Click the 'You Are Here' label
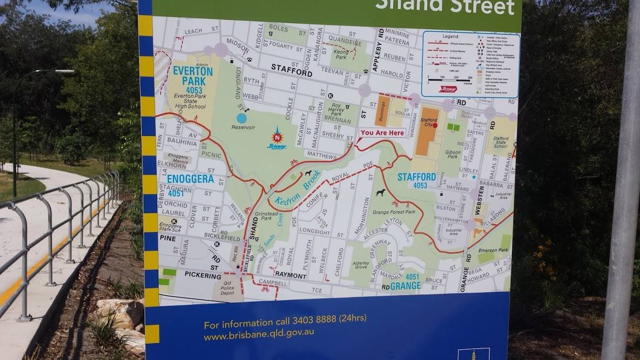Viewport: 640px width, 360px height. pos(382,133)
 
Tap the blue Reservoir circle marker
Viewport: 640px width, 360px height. pos(241,118)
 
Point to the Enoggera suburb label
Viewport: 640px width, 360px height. pos(190,179)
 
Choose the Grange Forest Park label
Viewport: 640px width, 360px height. pos(394,212)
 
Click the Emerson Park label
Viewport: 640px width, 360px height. pos(493,250)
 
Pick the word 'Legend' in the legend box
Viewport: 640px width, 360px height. pos(450,36)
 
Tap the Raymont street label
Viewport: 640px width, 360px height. pos(291,276)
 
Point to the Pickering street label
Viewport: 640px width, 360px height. pos(203,275)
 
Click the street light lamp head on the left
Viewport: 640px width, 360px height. pos(64,71)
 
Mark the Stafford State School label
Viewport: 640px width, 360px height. pos(500,142)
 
